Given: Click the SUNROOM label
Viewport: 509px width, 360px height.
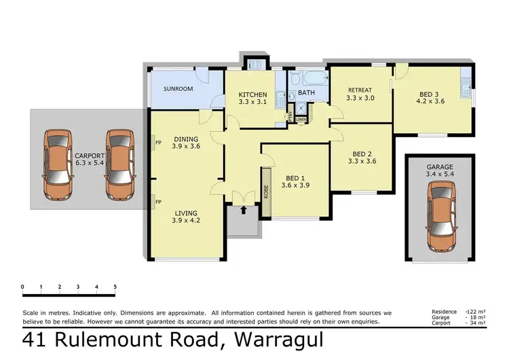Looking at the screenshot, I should [178, 89].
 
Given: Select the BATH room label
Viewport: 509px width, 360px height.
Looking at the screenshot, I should [306, 92].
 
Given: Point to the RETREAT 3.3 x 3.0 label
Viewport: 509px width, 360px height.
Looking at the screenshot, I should [360, 94].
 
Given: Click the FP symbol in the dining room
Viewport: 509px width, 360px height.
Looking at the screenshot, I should [157, 144].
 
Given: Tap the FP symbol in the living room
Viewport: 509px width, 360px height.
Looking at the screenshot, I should [157, 202].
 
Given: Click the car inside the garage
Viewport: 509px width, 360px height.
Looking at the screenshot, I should [440, 217].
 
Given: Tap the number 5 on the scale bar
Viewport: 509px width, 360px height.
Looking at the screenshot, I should [115, 287].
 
